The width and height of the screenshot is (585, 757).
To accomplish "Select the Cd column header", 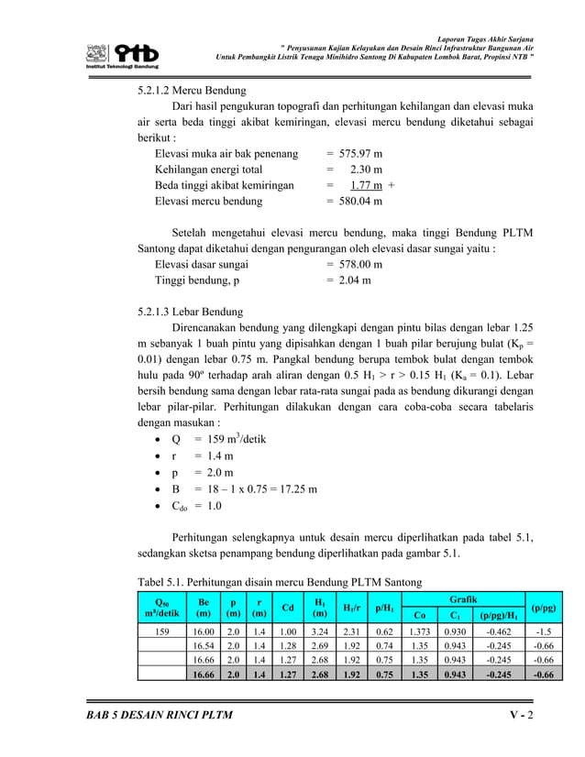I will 288,608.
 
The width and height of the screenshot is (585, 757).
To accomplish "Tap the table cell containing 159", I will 160,631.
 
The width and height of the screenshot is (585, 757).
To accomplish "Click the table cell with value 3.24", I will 320,631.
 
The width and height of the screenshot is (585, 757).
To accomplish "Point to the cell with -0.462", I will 499,631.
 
